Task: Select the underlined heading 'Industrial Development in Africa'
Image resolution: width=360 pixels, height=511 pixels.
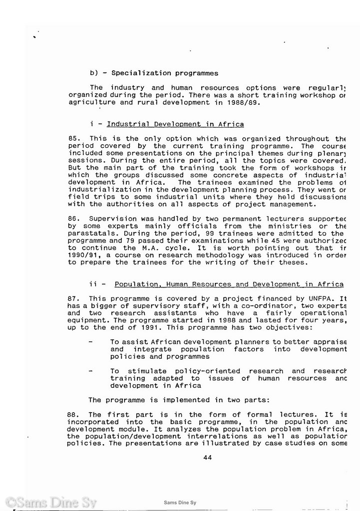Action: point(175,124)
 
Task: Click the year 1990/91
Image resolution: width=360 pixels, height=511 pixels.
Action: point(83,255)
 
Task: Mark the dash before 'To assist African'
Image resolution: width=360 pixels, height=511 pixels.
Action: point(90,342)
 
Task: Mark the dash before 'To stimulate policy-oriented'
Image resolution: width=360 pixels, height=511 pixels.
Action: point(90,371)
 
